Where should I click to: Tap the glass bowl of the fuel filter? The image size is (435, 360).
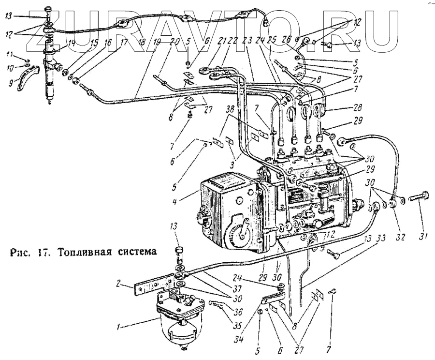(180, 334)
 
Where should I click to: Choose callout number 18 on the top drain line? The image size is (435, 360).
(141, 42)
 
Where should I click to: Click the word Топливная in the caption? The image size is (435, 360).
(83, 253)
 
